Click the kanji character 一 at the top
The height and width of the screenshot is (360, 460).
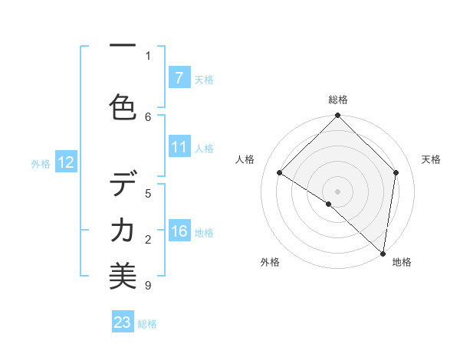(123, 46)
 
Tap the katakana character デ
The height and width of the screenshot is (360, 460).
(123, 185)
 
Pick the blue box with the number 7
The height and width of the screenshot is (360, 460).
(179, 77)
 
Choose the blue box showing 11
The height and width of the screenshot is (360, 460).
(179, 147)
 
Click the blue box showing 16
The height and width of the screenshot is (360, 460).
(179, 231)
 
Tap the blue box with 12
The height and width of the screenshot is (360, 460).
(65, 162)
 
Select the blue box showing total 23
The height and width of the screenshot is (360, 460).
(123, 322)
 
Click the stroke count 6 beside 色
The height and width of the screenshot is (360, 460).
(148, 116)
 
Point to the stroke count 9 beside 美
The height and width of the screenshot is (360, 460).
(148, 286)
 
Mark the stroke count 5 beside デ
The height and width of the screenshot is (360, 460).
(148, 193)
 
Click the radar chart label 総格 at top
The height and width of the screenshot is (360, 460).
(338, 100)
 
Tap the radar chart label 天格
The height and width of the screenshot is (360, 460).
(431, 159)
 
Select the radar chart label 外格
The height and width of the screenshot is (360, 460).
(270, 262)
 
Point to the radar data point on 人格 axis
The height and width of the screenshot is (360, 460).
(280, 173)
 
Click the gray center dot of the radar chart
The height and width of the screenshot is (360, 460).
(338, 191)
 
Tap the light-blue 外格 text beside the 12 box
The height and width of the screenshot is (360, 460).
(40, 163)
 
